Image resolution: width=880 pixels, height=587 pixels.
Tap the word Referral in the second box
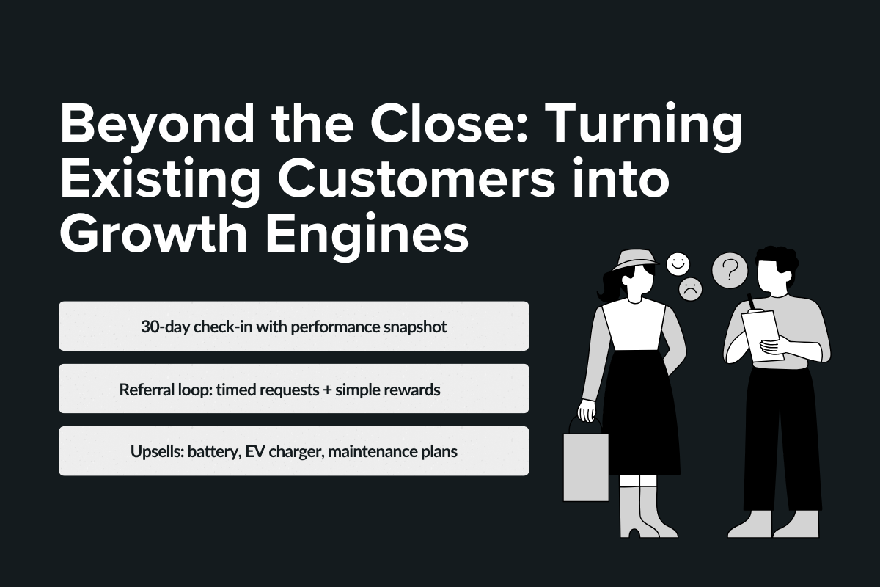click(x=145, y=390)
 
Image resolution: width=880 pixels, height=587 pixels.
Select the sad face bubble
click(x=690, y=288)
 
